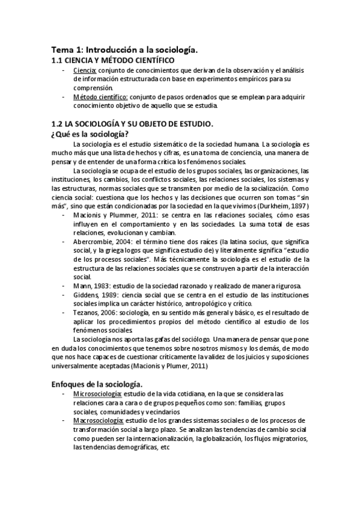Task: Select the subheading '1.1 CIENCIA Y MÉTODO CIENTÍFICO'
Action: (114, 61)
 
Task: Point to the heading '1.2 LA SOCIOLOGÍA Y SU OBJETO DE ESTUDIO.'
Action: (132, 124)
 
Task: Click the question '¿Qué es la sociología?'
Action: (92, 134)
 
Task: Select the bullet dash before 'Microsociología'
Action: (64, 394)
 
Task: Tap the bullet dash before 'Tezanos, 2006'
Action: (64, 313)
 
